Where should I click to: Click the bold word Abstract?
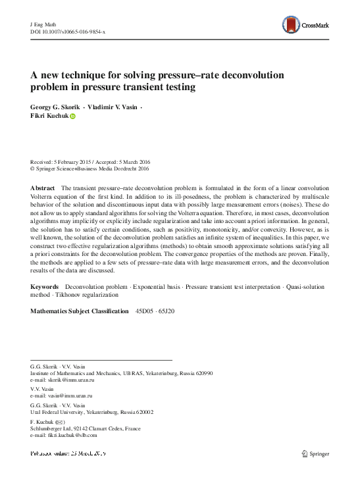pos(43,188)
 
